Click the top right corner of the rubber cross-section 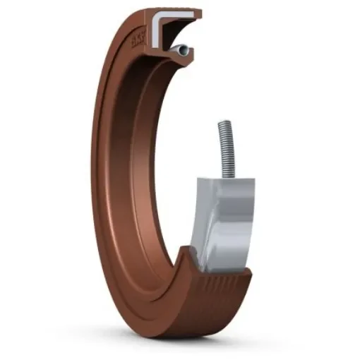click(200, 12)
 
